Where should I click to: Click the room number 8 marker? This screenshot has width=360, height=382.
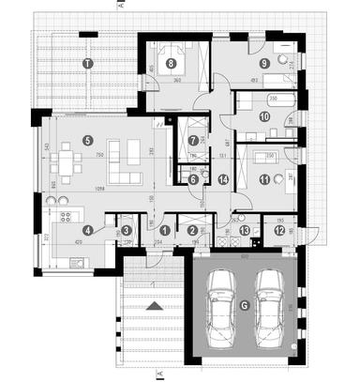click(171, 64)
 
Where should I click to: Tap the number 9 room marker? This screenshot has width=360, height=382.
click(265, 63)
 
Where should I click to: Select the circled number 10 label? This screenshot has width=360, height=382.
click(264, 116)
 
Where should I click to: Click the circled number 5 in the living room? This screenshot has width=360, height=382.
click(87, 140)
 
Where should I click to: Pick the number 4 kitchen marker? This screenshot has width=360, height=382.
click(87, 230)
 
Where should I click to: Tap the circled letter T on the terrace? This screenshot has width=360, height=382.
click(87, 63)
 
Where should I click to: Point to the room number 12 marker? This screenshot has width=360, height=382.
click(280, 231)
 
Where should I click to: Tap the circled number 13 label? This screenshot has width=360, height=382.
click(244, 231)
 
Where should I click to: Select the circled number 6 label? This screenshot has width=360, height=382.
click(191, 178)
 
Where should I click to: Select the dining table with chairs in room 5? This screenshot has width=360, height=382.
click(68, 162)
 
